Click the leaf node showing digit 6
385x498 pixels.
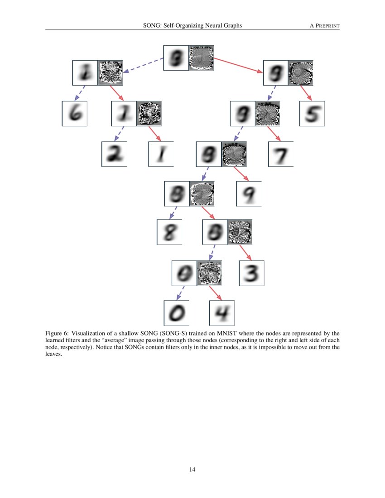click(75, 114)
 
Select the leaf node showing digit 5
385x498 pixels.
click(312, 114)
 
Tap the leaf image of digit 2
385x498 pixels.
click(114, 154)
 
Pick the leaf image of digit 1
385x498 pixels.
click(161, 154)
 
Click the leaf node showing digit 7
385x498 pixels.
click(281, 154)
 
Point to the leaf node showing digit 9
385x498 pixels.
click(249, 194)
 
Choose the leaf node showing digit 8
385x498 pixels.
click(169, 232)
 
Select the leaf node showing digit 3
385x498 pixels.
click(251, 273)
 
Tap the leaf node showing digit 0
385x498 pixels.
click(176, 313)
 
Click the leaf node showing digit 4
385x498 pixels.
click(222, 313)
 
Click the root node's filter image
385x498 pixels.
click(201, 57)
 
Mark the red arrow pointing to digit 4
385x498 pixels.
click(215, 293)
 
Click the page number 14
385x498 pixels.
click(192, 469)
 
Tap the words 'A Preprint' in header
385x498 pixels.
click(324, 26)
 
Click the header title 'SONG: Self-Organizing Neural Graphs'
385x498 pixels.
click(192, 26)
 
